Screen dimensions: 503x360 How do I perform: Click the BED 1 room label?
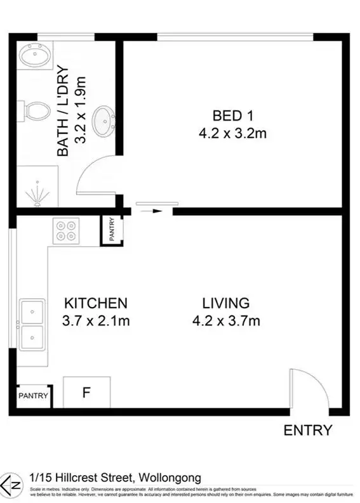click(x=227, y=115)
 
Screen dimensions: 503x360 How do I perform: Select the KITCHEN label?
click(x=96, y=303)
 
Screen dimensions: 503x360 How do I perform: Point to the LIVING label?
click(x=226, y=303)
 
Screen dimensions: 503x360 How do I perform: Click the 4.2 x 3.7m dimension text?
click(x=226, y=321)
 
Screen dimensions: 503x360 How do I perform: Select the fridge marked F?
click(x=86, y=392)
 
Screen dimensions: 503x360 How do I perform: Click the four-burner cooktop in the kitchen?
click(x=66, y=230)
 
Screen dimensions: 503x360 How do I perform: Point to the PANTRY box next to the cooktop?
click(x=111, y=230)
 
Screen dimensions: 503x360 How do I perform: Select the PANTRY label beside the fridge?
click(x=33, y=395)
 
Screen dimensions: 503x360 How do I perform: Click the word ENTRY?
click(x=307, y=430)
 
